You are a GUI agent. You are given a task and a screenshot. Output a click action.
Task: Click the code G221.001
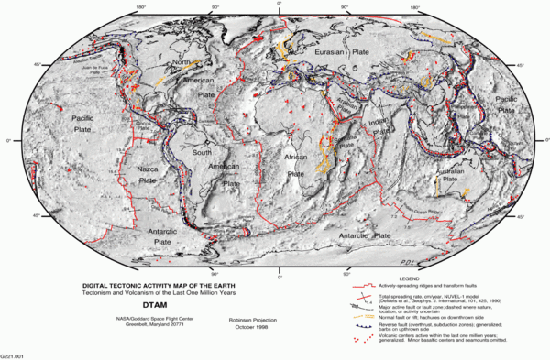point(14,354)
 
